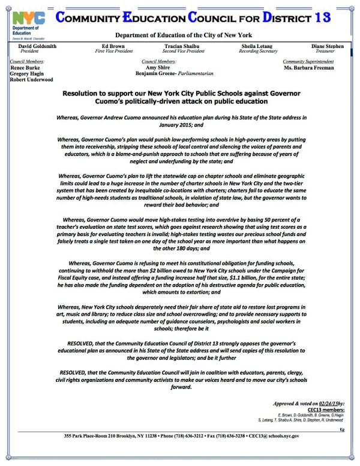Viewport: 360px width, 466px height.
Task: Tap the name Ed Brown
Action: (113, 46)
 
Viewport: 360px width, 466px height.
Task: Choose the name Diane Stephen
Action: (328, 46)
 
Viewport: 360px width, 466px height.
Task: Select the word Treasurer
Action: (328, 52)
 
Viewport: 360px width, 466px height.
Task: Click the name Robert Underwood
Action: (32, 79)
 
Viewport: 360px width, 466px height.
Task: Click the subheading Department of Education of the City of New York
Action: (180, 35)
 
